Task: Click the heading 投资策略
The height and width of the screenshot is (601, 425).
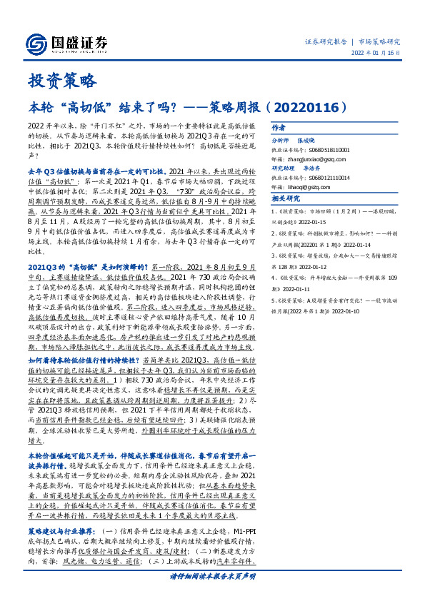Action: click(x=61, y=80)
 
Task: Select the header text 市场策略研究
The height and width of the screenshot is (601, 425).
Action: click(x=379, y=41)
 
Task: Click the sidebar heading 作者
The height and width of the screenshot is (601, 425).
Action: click(x=279, y=126)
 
